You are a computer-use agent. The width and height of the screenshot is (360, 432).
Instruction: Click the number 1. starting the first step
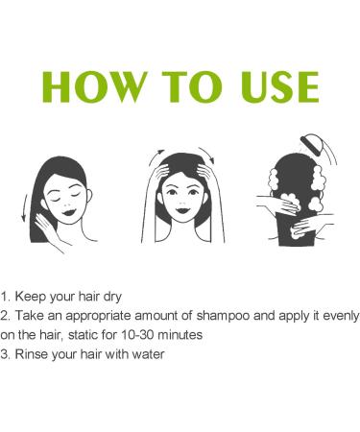point(7,294)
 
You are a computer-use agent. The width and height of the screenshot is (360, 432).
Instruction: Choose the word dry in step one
point(111,294)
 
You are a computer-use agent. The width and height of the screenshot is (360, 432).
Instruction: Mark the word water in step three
point(150,354)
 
